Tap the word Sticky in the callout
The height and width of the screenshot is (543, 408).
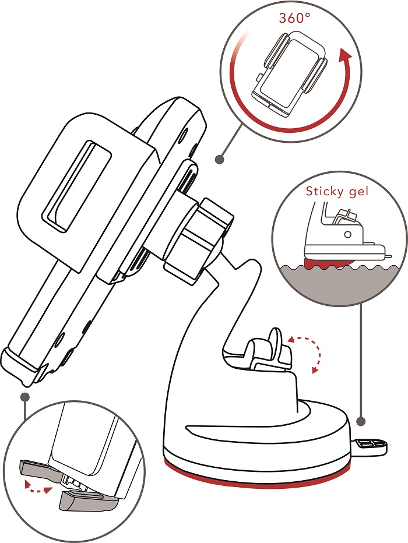(323, 192)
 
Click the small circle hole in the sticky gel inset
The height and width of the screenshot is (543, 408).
(348, 234)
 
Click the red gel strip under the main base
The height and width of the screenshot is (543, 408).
(257, 478)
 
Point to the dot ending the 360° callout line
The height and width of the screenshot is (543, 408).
(219, 159)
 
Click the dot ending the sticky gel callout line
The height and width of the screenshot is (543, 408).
(361, 421)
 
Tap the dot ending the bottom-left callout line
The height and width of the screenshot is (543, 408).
(25, 397)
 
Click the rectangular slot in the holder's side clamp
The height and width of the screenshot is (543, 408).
(76, 186)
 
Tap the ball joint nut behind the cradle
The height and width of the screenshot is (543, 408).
(198, 240)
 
